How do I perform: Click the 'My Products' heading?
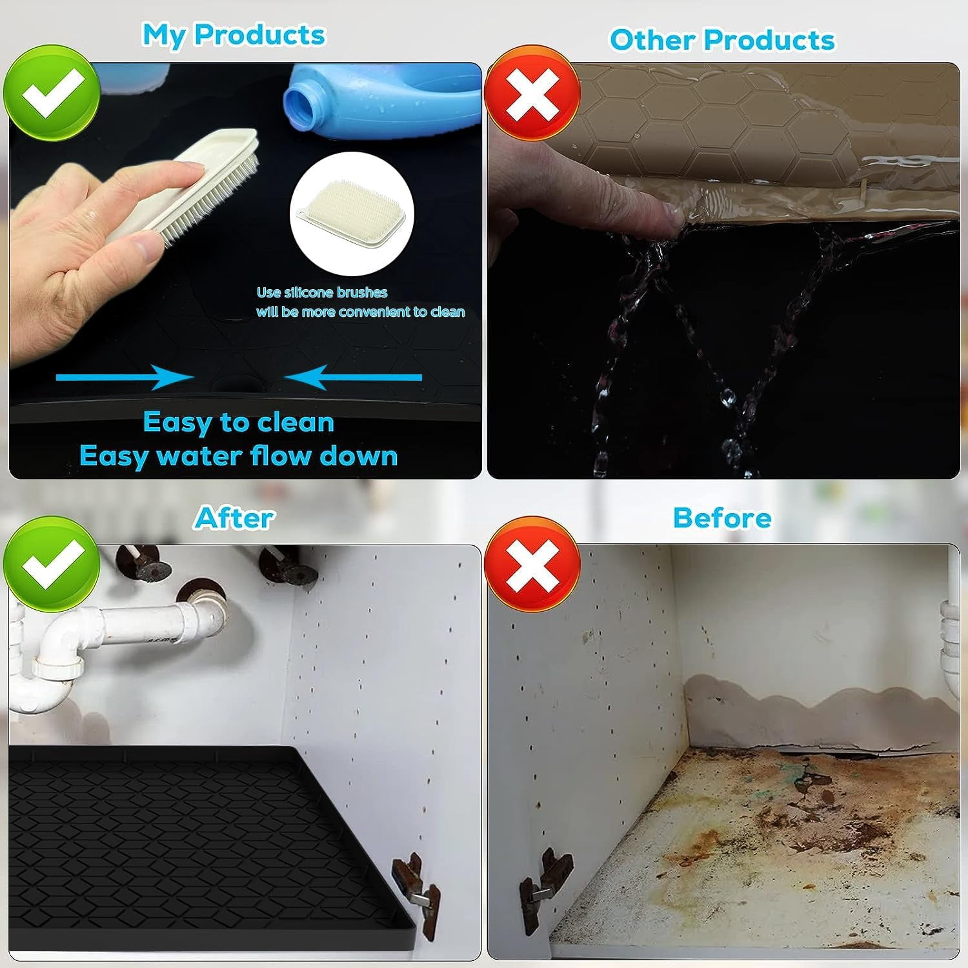[x=234, y=35]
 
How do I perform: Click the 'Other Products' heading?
[x=722, y=40]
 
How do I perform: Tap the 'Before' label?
[x=722, y=518]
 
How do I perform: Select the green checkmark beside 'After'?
[x=52, y=563]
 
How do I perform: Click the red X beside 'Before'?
[x=532, y=563]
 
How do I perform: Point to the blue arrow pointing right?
[x=125, y=378]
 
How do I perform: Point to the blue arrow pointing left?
[x=353, y=378]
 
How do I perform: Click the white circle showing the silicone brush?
[x=352, y=214]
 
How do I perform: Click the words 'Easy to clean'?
[x=239, y=423]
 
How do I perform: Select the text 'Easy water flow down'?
[x=239, y=456]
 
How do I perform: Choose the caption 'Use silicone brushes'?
[x=322, y=292]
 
